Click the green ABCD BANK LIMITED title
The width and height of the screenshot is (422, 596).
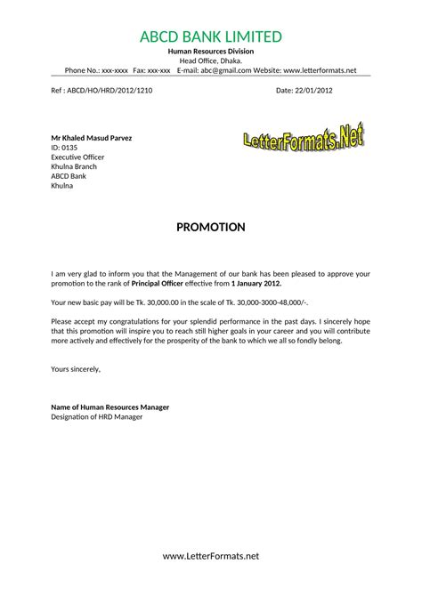click(211, 36)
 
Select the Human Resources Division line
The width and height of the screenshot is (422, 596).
click(211, 52)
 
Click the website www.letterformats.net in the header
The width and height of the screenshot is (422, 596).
click(320, 71)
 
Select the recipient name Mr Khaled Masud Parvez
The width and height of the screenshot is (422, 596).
click(91, 138)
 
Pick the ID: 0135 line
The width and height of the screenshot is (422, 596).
click(64, 148)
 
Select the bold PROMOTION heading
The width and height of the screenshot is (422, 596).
click(211, 228)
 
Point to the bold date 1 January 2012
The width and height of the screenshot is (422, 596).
click(256, 283)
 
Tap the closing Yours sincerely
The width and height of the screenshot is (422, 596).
click(76, 367)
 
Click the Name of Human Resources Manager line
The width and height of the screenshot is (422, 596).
click(110, 407)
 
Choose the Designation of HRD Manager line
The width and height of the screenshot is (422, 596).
click(97, 416)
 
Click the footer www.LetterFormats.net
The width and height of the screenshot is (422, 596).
click(211, 556)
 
